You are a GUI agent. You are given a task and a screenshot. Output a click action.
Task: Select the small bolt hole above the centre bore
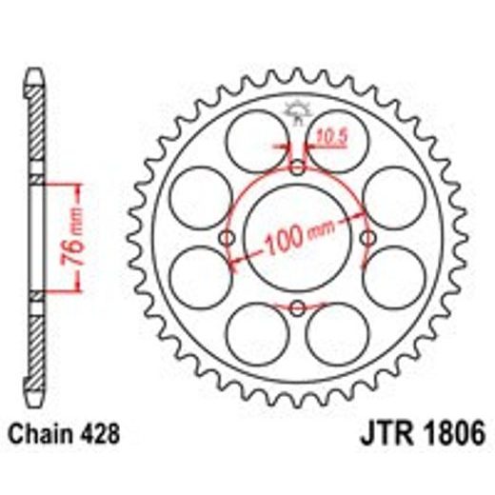click(297, 169)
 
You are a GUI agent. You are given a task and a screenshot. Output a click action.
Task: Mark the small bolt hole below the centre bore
click(297, 307)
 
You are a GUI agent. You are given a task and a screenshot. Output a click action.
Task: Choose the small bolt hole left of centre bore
click(228, 238)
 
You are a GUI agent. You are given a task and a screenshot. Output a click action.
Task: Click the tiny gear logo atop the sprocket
click(297, 111)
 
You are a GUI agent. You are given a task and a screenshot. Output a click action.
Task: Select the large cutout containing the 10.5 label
click(339, 139)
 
